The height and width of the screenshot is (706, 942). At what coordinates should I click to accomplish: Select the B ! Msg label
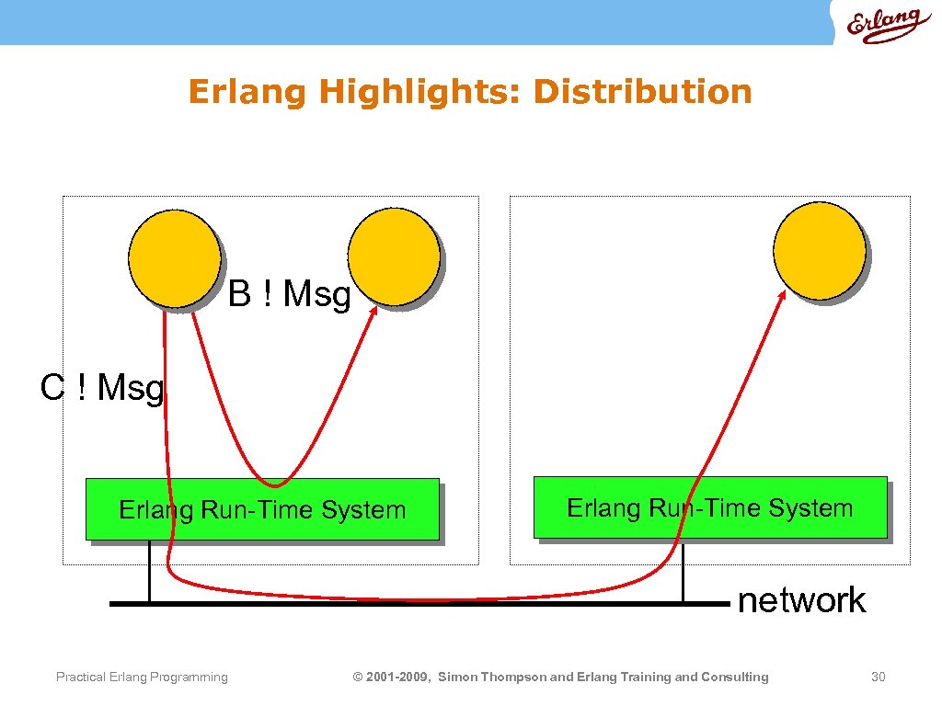coord(290,295)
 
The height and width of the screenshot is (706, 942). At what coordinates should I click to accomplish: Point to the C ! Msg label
coord(102,388)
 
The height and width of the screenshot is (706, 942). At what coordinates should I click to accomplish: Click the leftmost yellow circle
coord(174,258)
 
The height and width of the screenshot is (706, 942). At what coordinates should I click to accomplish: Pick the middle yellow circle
coord(394,256)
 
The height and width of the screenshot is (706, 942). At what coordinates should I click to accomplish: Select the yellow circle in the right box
coord(819,249)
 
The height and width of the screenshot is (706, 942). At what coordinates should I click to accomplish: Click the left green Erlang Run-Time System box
coord(261,508)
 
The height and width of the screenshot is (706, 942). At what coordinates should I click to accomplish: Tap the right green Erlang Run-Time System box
coord(709,507)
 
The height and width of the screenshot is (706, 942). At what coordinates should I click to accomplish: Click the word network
coord(801,600)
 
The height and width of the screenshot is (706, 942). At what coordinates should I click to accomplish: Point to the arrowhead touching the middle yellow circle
coord(374,313)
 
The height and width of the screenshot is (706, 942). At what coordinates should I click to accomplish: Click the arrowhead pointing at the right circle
coord(782,296)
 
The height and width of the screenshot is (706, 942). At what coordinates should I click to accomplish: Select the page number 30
coord(878,678)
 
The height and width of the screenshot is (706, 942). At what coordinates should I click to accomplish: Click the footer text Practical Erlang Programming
coord(142,678)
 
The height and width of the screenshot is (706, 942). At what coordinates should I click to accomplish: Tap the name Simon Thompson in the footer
coord(491,678)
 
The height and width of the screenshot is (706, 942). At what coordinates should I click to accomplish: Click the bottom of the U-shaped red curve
coord(274,484)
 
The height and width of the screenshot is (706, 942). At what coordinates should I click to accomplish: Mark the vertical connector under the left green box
coord(149,571)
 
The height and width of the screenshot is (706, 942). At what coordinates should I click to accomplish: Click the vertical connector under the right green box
coord(683,570)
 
